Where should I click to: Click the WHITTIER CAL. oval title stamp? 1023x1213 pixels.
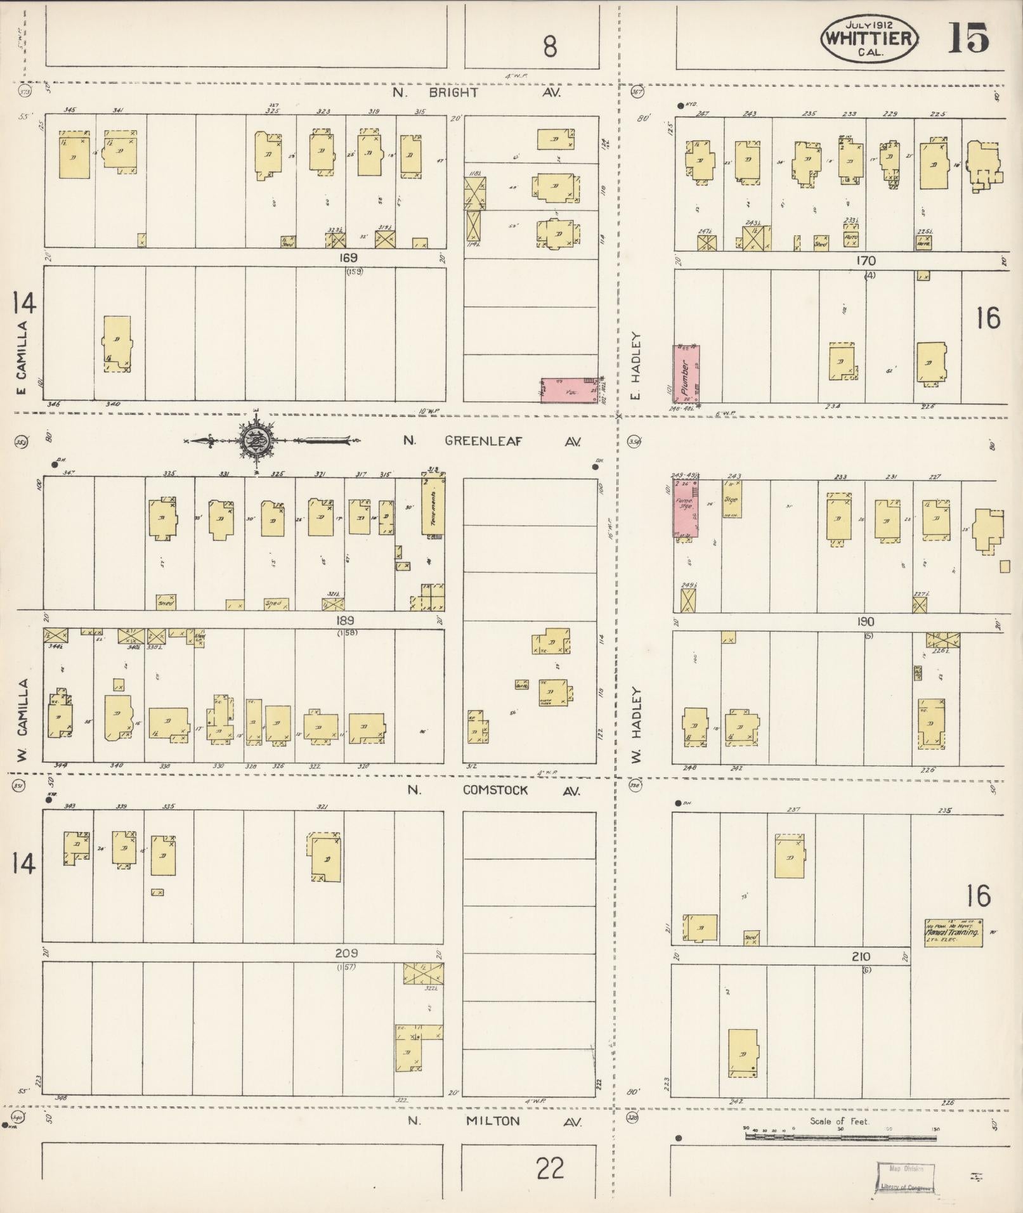click(870, 38)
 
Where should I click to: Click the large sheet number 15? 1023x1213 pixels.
click(968, 37)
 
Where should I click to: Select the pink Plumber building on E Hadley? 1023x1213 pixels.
click(686, 374)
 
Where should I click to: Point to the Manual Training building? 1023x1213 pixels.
click(953, 932)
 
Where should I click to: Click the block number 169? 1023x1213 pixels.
click(348, 258)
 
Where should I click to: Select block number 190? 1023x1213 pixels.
click(865, 622)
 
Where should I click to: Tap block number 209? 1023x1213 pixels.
click(347, 953)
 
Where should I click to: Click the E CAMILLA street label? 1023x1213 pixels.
click(22, 358)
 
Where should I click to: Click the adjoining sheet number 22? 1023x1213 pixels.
click(549, 1168)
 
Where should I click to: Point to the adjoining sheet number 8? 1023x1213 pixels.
click(549, 46)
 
